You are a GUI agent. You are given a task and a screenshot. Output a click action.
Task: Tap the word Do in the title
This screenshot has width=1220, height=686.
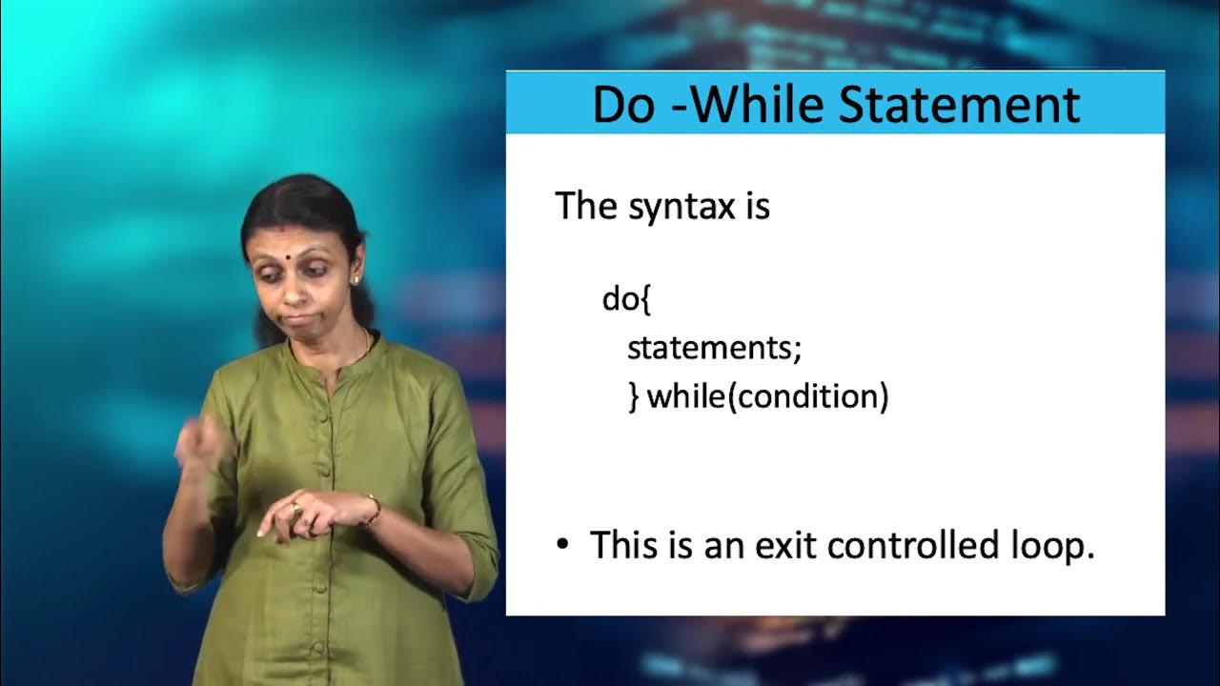pyautogui.click(x=623, y=104)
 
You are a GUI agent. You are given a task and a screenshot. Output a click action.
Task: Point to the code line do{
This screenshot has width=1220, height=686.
pyautogui.click(x=625, y=299)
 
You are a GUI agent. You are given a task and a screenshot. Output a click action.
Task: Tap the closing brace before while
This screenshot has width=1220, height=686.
pyautogui.click(x=634, y=397)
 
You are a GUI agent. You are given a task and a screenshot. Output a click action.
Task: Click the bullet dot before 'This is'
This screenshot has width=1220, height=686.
pyautogui.click(x=562, y=545)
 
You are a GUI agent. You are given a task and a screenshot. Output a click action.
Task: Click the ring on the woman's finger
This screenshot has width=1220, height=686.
pyautogui.click(x=295, y=506)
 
